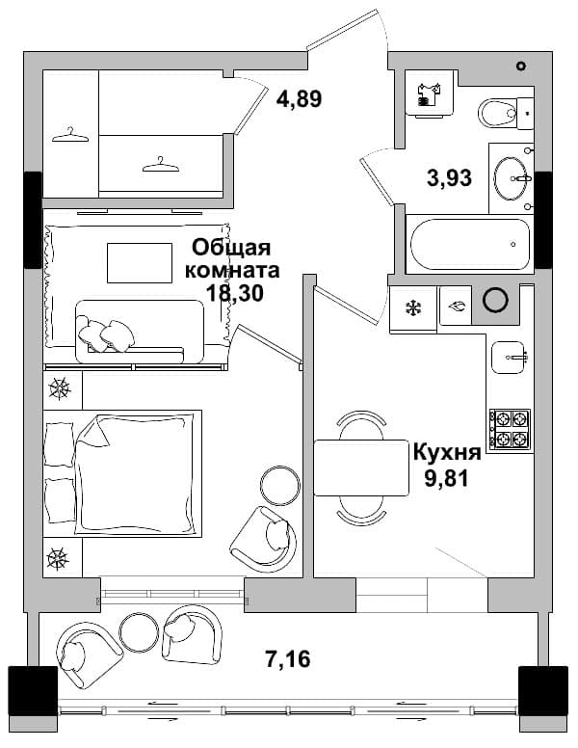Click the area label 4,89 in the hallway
pos(300,98)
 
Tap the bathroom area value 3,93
pos(449,177)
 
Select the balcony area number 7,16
pos(288,659)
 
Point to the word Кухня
pos(447,452)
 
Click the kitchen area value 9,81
pos(447,478)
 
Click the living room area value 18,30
pos(235,292)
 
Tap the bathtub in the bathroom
pos(470,244)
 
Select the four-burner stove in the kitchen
pos(510,429)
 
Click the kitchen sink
pos(510,357)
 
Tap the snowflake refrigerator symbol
pos(413,307)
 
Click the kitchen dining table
pos(361,468)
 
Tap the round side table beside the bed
pos(280,486)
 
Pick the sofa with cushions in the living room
pos(140,332)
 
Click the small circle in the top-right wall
pos(521,67)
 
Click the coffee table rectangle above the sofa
pos(140,263)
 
